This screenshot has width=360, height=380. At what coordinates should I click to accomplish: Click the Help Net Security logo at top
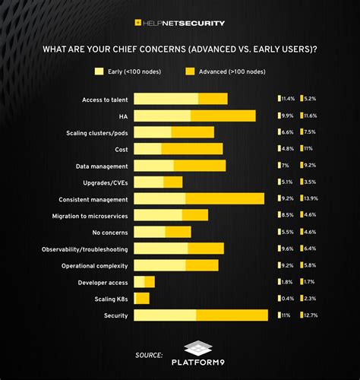point(179,23)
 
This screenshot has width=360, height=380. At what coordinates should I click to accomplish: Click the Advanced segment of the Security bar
point(232,315)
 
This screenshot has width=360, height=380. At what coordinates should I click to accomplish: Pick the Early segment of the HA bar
point(163,116)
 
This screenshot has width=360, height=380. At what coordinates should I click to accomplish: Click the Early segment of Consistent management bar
point(159,198)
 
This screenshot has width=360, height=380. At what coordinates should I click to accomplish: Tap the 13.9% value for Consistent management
point(314,198)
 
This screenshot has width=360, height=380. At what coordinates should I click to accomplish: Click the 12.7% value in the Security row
point(314,315)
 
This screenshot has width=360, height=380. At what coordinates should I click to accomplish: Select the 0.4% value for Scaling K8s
point(286,298)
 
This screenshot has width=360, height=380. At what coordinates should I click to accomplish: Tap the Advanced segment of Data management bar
point(200,166)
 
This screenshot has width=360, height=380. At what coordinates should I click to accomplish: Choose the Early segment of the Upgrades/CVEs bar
point(149,182)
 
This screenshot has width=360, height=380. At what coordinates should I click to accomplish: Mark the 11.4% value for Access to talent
point(286,99)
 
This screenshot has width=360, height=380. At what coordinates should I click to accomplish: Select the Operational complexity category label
point(94,265)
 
